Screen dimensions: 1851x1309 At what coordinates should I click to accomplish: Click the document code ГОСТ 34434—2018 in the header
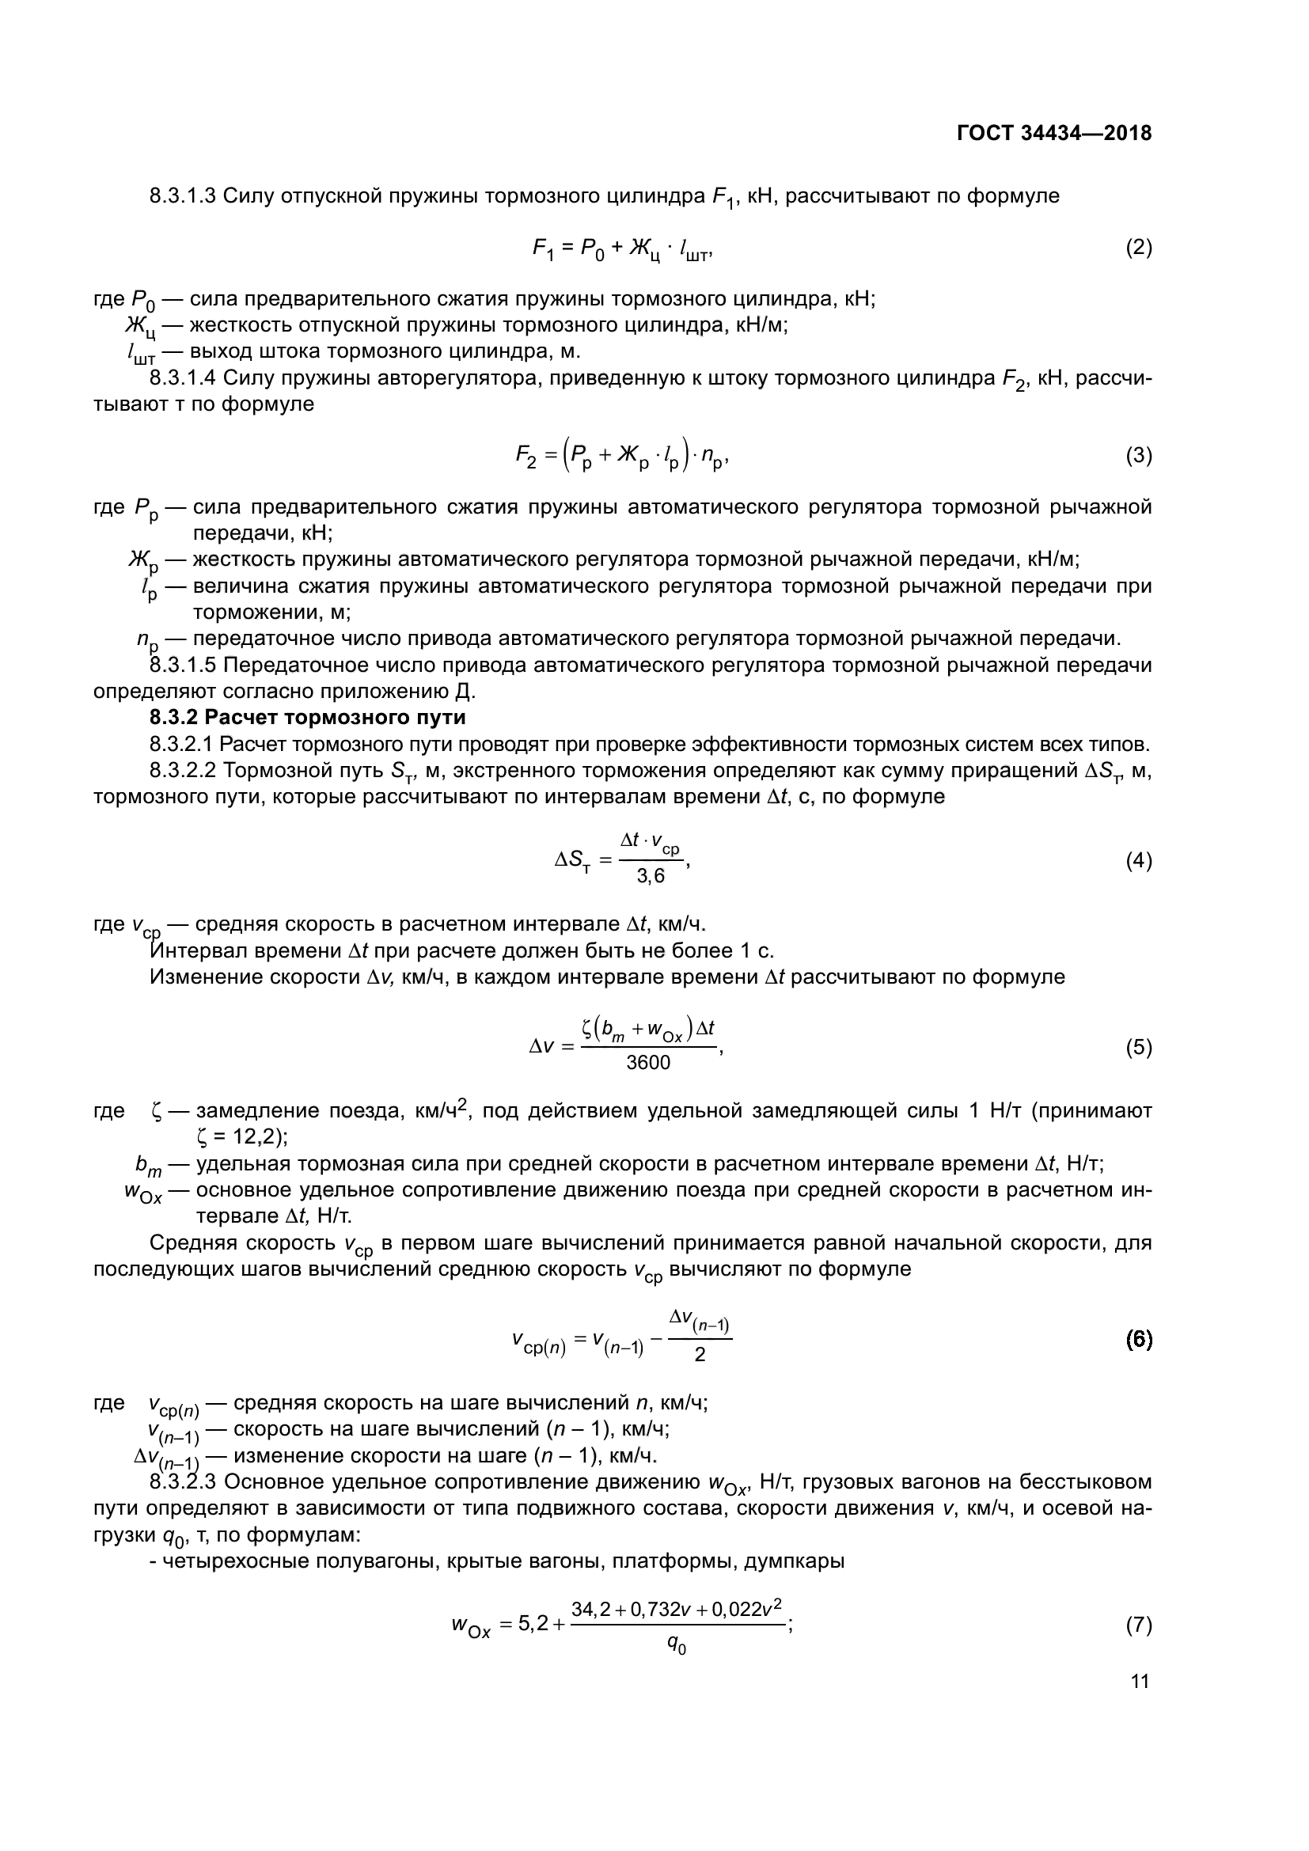point(1054,134)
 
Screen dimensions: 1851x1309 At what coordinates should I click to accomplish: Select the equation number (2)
point(1138,248)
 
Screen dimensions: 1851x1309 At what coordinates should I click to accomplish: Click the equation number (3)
point(1138,456)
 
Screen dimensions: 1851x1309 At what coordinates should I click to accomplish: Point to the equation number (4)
point(1138,861)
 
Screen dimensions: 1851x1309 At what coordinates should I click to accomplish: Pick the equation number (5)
point(1138,1047)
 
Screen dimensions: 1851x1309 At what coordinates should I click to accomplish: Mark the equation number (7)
point(1138,1625)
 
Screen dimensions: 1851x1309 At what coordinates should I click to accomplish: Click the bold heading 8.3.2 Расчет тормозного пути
point(308,717)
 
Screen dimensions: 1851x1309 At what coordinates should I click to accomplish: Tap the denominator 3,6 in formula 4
point(651,877)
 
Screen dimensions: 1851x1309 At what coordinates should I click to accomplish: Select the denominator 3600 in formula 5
point(648,1064)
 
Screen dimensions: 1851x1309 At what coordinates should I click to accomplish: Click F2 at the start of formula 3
point(525,457)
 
